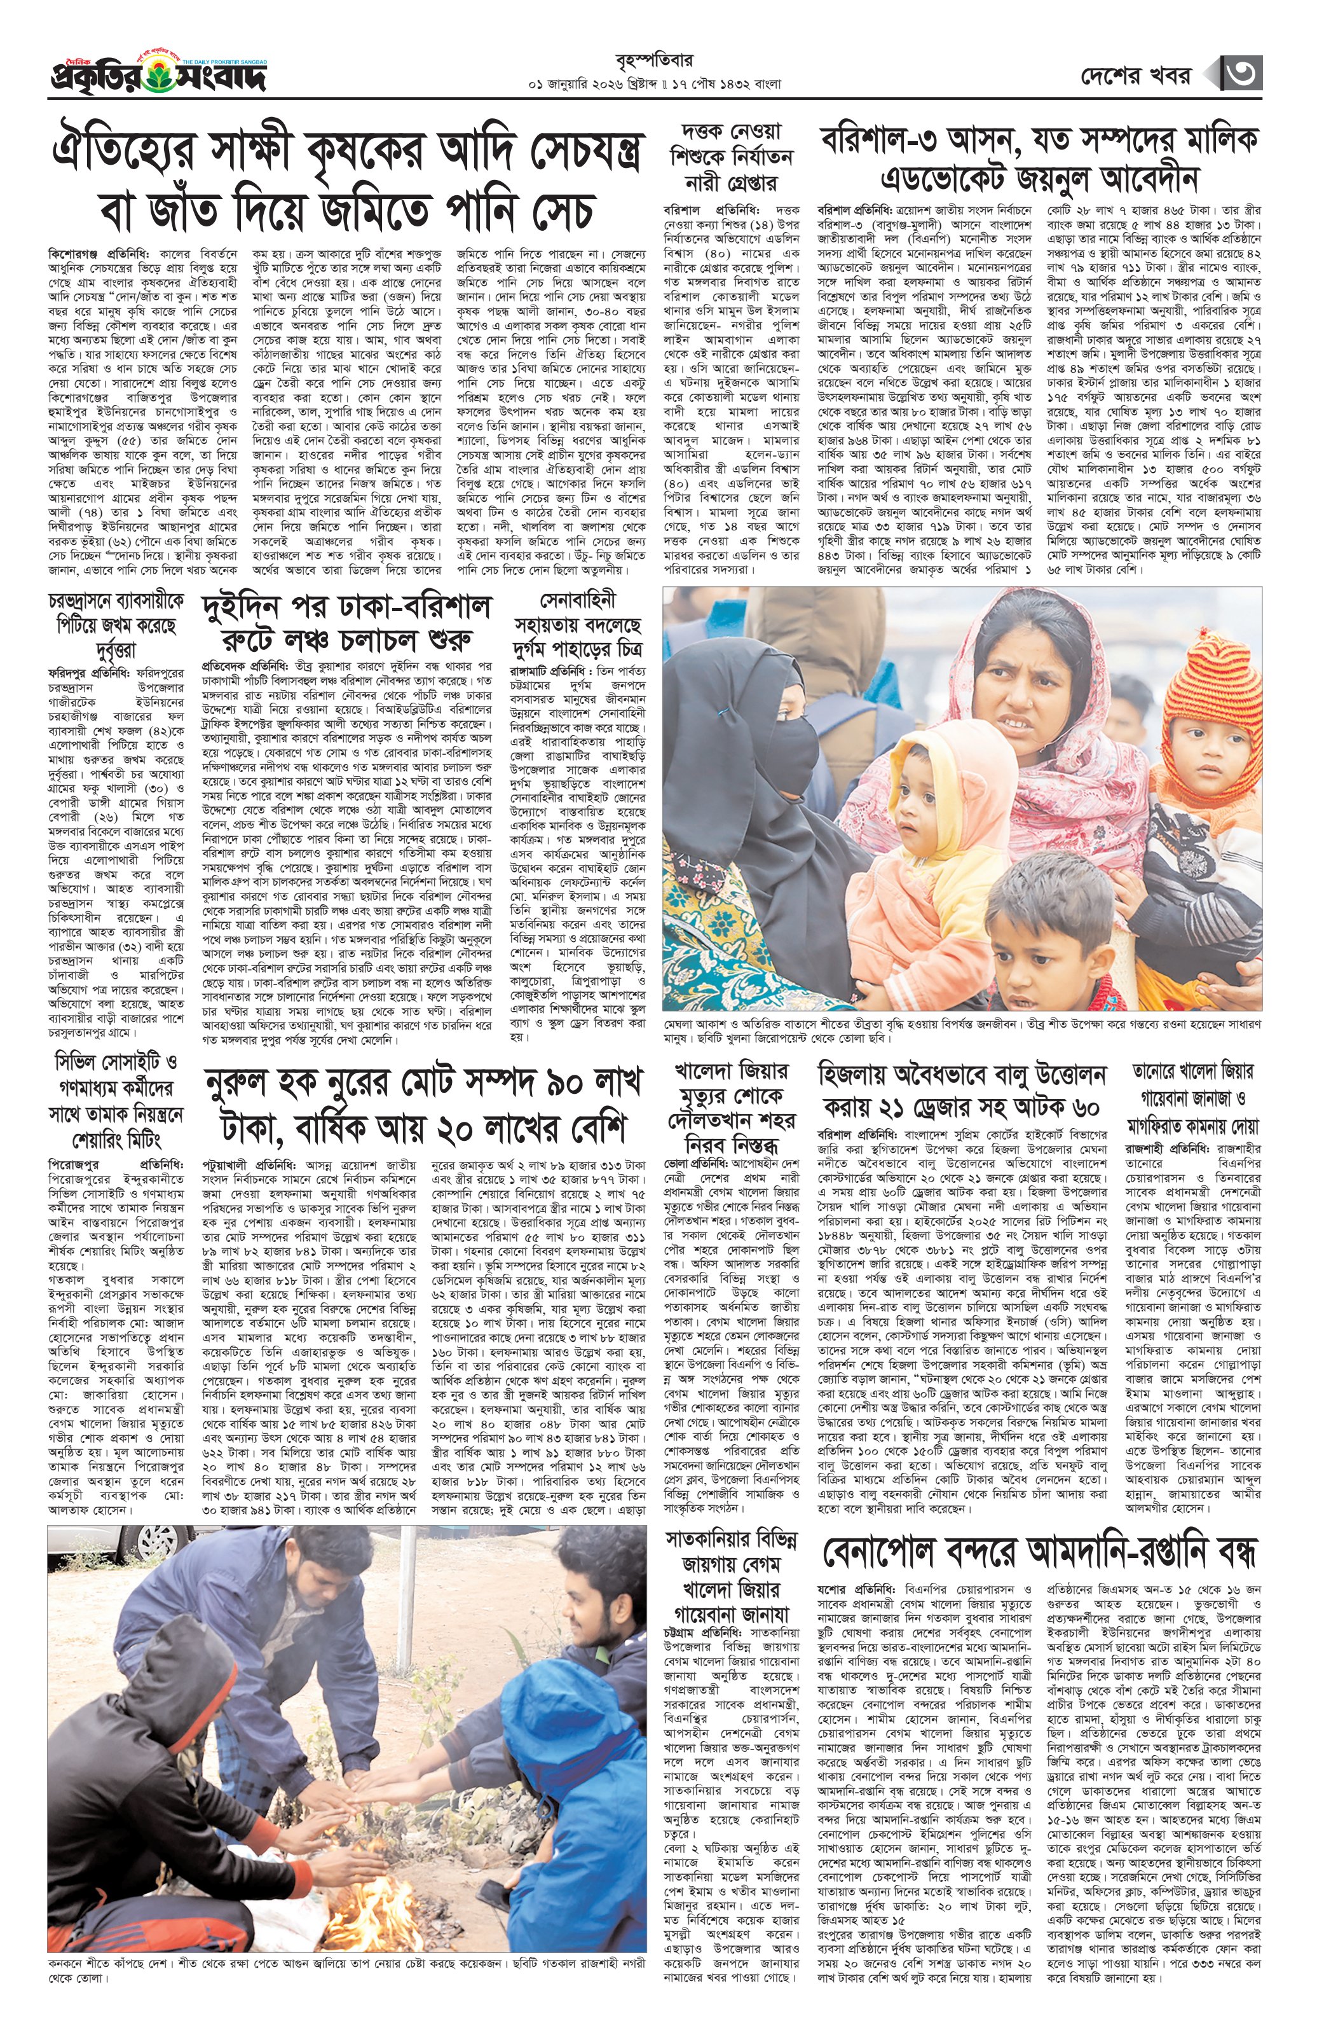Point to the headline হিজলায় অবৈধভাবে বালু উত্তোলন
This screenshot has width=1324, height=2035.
pos(962,1090)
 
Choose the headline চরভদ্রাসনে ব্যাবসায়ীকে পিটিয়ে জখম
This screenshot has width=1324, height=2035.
pos(116,625)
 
